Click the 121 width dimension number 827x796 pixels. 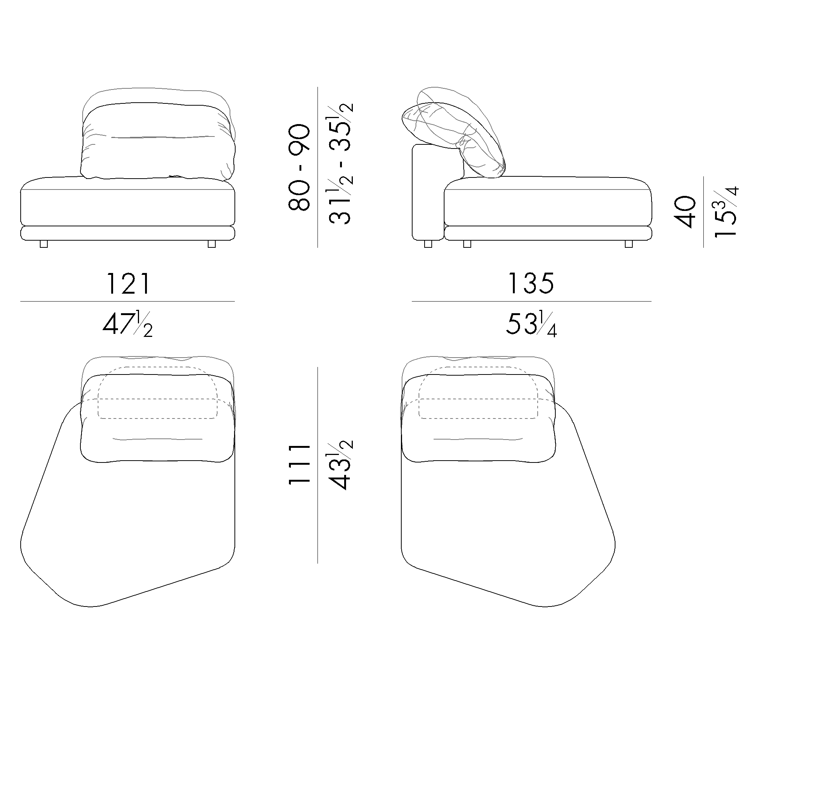pos(128,284)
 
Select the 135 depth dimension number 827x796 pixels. pos(531,284)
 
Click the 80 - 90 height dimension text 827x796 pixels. pos(299,167)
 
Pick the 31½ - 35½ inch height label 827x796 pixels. pos(340,164)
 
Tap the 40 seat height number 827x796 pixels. pos(685,212)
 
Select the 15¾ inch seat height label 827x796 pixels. pos(726,212)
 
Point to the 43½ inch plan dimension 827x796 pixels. pos(340,464)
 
